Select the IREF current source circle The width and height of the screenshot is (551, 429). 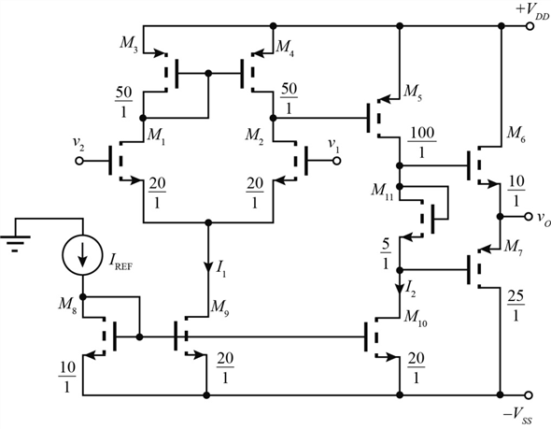82,251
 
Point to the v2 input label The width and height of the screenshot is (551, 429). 74,145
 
